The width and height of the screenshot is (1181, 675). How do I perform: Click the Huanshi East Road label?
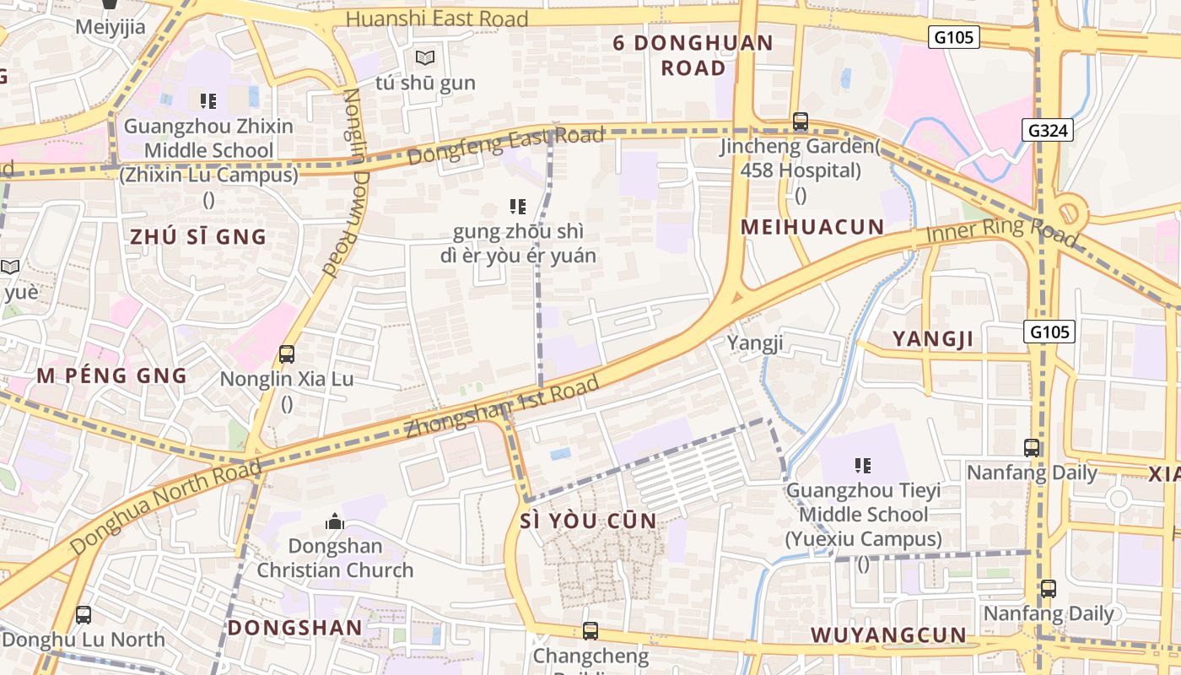point(437,19)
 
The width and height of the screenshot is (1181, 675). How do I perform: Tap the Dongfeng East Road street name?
point(505,146)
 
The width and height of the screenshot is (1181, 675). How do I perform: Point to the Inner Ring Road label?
point(1002,233)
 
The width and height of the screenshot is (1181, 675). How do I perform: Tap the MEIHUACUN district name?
point(812,227)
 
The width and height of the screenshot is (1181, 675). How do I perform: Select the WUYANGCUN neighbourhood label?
point(888,635)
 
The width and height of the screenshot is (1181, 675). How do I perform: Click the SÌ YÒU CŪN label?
point(589,521)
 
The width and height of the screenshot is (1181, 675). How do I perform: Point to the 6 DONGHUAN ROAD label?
point(693,55)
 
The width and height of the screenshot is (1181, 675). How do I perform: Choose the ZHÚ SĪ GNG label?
point(198,237)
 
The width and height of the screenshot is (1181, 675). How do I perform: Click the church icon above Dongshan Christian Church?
point(335,521)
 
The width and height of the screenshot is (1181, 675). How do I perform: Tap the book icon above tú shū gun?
point(425,58)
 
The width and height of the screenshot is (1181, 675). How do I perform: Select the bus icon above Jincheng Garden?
point(800,121)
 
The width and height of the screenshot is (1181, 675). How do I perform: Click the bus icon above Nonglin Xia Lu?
point(287,354)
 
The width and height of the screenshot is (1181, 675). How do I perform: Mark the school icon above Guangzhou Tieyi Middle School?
point(862,465)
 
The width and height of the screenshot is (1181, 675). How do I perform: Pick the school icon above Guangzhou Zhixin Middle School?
point(208,101)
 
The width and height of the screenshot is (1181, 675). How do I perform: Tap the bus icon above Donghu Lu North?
point(83,614)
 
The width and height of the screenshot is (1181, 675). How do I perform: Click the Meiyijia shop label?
point(111,27)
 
